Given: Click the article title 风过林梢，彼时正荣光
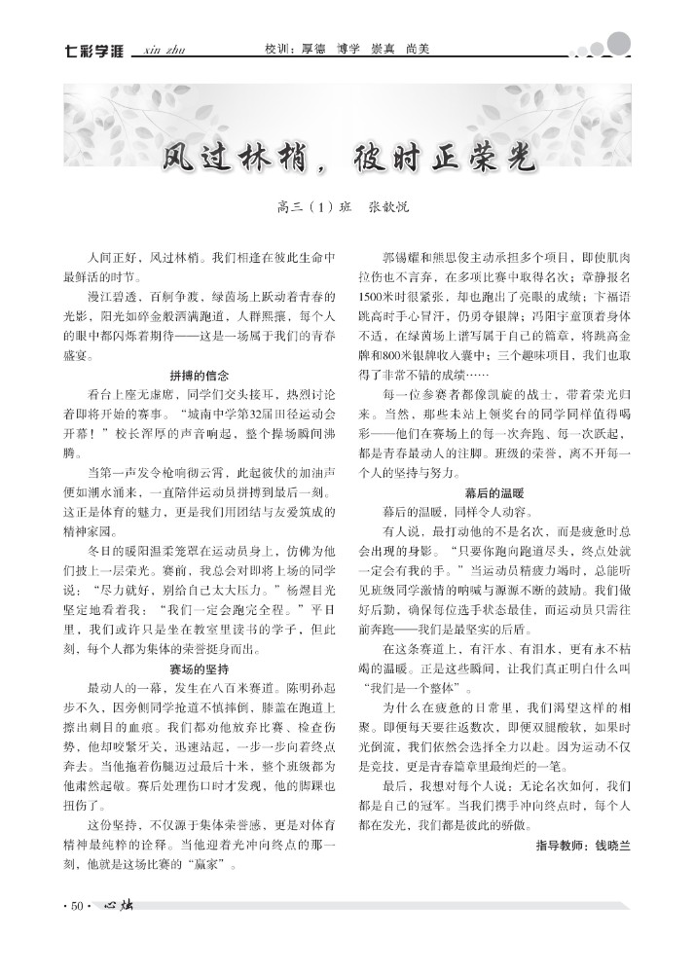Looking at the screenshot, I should click(x=347, y=156).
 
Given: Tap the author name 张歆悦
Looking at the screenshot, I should click(x=389, y=207).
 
